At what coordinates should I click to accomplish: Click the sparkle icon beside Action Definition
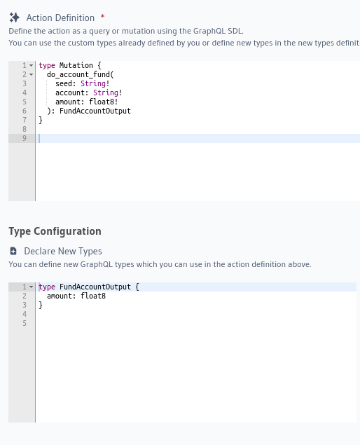pyautogui.click(x=14, y=18)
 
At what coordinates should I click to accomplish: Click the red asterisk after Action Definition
pyautogui.click(x=102, y=16)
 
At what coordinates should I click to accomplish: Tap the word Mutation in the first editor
pyautogui.click(x=76, y=65)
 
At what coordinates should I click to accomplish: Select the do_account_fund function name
pyautogui.click(x=78, y=75)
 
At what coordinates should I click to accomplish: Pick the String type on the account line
pyautogui.click(x=106, y=93)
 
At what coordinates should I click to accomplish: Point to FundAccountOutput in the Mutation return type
pyautogui.click(x=95, y=111)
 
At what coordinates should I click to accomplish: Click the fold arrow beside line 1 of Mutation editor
pyautogui.click(x=32, y=66)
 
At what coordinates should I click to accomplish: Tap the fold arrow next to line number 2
pyautogui.click(x=32, y=75)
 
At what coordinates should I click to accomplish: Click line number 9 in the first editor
pyautogui.click(x=25, y=138)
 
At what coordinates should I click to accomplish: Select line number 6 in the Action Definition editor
pyautogui.click(x=25, y=111)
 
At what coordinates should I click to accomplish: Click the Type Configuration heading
pyautogui.click(x=55, y=231)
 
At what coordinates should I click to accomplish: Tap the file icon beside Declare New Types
pyautogui.click(x=13, y=251)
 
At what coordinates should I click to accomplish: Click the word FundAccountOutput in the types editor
pyautogui.click(x=95, y=287)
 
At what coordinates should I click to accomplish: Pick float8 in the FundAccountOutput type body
pyautogui.click(x=93, y=296)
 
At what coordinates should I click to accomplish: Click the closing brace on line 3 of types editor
pyautogui.click(x=41, y=305)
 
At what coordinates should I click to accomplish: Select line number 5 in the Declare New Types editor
pyautogui.click(x=25, y=323)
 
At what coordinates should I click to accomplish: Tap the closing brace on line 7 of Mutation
pyautogui.click(x=41, y=120)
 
